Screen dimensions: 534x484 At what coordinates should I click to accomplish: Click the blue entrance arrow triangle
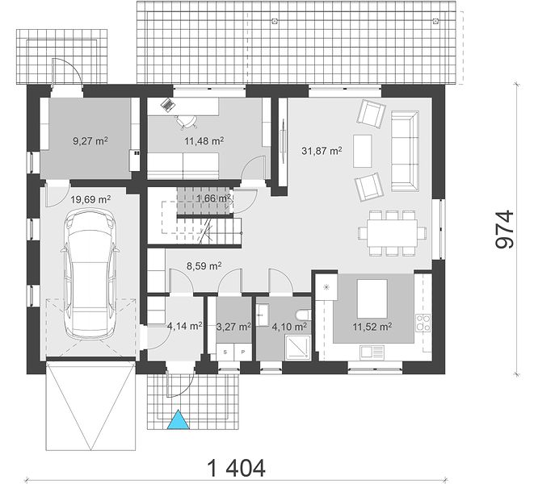coord(178,419)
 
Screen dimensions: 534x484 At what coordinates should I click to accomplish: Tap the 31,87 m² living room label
coord(322,151)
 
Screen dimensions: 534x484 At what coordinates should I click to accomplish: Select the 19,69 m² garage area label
coord(90,199)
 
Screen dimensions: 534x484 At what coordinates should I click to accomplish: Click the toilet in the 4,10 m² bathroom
coord(304,315)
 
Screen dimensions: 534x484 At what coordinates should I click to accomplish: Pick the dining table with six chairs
coord(392,233)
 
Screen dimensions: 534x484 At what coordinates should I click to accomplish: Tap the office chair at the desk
coord(186,122)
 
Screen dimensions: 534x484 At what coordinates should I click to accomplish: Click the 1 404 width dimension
coord(236,468)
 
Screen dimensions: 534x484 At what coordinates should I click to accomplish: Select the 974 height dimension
coord(504,229)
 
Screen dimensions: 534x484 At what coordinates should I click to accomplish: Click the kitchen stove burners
coord(423,323)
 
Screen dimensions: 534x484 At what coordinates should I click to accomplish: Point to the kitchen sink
coord(372,352)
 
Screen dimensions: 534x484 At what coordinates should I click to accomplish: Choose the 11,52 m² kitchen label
coord(372,327)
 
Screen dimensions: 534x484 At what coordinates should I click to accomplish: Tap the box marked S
coord(225,352)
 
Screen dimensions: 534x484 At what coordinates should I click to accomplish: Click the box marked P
coord(243,352)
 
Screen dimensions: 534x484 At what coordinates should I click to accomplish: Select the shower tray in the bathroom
coord(298,347)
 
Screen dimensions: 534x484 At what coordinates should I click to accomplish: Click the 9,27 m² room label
coord(90,141)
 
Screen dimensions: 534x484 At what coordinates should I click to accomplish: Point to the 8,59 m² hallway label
coord(204,265)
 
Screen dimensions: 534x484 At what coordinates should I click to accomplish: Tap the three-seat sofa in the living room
coord(405,151)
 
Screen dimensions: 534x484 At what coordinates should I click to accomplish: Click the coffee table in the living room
coord(363,151)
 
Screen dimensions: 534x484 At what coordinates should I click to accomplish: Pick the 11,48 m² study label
coord(204,141)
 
